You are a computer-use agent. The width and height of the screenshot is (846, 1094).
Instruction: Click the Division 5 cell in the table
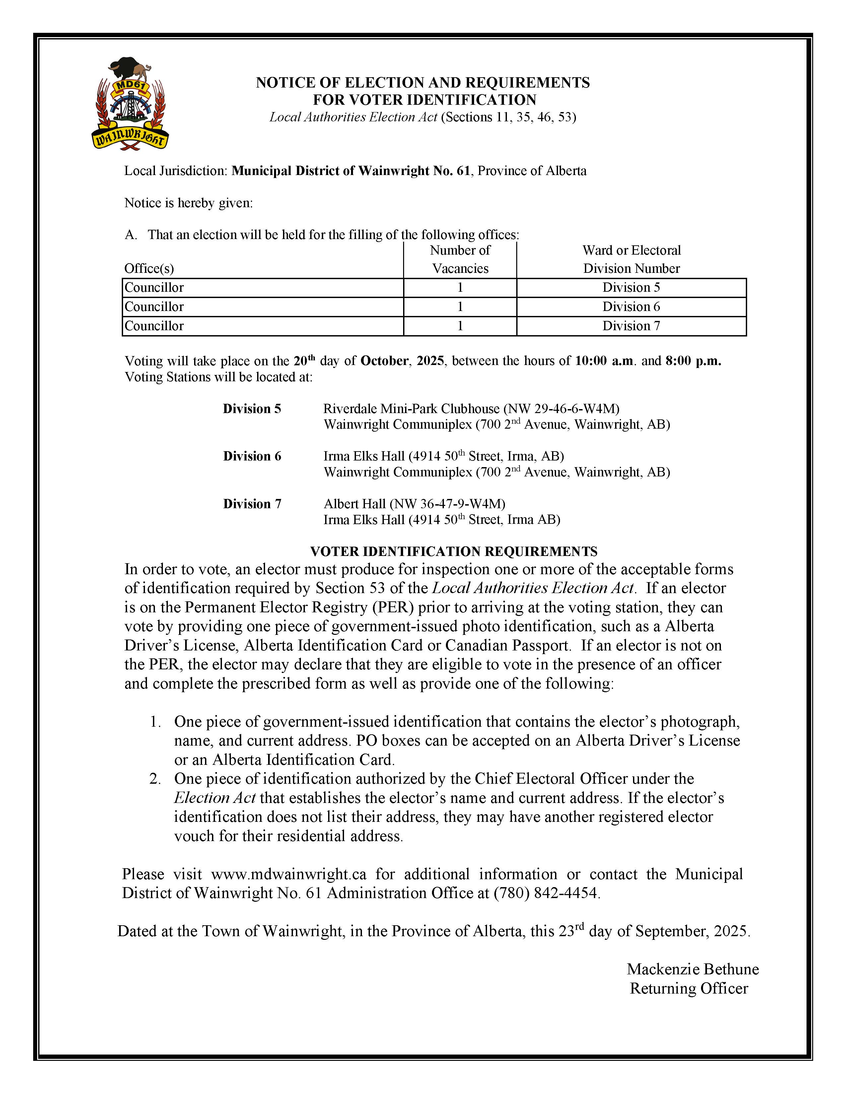(x=631, y=287)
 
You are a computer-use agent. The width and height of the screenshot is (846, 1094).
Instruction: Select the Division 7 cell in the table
(x=631, y=326)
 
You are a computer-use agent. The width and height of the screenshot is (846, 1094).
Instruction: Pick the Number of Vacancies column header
(x=460, y=260)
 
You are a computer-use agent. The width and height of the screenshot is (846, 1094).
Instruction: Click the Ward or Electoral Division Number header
(x=631, y=260)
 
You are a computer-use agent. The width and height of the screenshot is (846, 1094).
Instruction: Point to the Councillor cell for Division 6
(x=154, y=307)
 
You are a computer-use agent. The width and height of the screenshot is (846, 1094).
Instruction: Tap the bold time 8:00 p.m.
(x=693, y=361)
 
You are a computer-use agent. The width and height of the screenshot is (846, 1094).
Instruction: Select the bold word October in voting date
(x=384, y=361)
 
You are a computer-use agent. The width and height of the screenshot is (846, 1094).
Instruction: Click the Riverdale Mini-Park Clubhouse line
(x=471, y=409)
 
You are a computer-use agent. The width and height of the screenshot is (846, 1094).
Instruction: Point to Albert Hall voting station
(x=414, y=504)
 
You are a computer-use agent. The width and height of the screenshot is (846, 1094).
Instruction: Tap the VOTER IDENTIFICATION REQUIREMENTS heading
(x=454, y=552)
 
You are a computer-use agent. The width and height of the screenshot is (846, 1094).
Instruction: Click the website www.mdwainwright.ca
(x=289, y=874)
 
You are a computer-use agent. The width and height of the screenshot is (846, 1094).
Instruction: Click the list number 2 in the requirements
(x=155, y=779)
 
